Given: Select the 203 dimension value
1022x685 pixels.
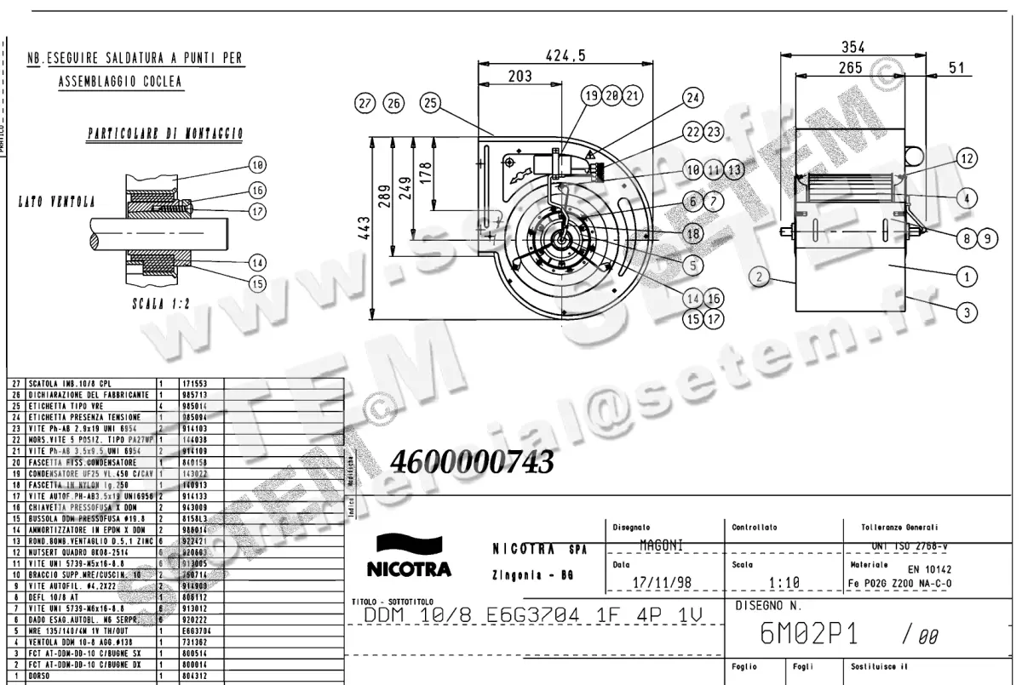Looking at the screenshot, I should click(520, 76).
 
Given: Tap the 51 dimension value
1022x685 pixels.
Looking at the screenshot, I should click(956, 68).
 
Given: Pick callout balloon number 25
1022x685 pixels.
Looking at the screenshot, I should click(430, 104).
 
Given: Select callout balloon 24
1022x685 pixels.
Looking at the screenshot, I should click(694, 97).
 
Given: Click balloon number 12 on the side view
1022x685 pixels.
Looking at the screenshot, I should click(966, 157).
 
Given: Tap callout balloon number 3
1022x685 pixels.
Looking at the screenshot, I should click(966, 312).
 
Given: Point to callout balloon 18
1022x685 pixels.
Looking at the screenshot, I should click(694, 232).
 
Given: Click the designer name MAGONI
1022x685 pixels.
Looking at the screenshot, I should click(661, 543).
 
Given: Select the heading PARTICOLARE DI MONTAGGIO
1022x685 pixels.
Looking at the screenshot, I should click(166, 134).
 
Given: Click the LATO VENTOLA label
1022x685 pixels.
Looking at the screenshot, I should click(56, 202).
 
